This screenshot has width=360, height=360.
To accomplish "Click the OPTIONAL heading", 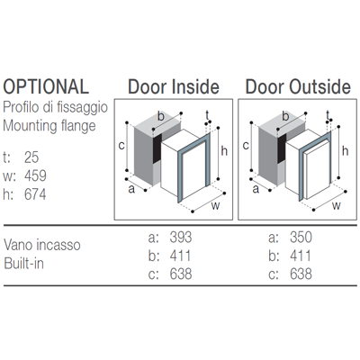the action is (46, 86).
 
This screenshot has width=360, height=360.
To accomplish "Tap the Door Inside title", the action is (174, 86).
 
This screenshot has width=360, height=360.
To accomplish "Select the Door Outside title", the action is (298, 86).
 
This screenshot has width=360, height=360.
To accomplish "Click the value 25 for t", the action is (31, 157).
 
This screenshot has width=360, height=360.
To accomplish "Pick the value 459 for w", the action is (35, 176).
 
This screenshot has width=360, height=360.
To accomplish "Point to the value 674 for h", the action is (35, 194).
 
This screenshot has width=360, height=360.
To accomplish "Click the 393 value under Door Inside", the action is (181, 237).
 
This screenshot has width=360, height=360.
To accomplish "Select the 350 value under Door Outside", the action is (301, 237).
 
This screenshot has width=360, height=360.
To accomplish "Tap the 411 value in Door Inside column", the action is (180, 256).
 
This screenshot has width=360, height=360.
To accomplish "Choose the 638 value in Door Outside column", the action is (301, 274).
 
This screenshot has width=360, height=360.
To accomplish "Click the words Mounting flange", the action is (49, 126).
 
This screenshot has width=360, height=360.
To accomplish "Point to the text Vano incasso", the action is (42, 245).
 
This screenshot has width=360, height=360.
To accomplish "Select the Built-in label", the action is (23, 264).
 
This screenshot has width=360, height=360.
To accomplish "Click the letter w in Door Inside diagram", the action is (215, 206).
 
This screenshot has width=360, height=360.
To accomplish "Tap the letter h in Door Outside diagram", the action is (346, 151).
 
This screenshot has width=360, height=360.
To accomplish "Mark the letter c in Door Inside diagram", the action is (121, 146).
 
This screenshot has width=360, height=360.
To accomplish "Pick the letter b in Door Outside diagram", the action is (285, 116).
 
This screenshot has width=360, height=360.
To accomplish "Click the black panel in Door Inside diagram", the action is (157, 148).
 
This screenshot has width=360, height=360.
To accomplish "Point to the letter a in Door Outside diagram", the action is (256, 190).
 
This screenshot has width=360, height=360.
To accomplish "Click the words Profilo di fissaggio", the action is (55, 107).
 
